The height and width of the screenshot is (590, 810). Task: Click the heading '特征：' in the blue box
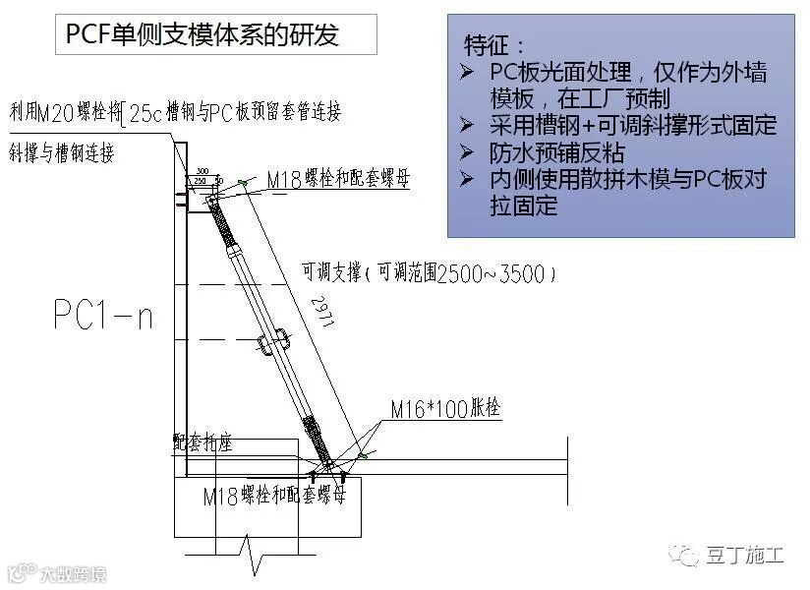tap(495, 45)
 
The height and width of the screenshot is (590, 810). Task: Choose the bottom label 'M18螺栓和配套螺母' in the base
tap(274, 497)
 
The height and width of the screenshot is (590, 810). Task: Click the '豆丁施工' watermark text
tap(744, 557)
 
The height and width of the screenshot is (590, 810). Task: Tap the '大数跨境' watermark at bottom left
tap(64, 572)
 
